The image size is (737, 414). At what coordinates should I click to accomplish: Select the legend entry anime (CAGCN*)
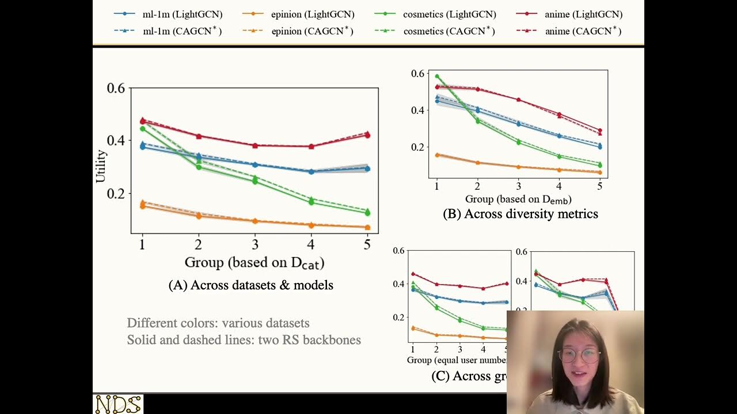[x=576, y=32]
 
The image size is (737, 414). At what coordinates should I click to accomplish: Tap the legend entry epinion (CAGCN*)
[x=305, y=32]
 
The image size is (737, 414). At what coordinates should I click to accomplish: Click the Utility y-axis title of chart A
[x=101, y=166]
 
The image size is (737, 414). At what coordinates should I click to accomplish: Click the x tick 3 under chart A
[x=255, y=244]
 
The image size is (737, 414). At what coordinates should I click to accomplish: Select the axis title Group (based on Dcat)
[x=254, y=263]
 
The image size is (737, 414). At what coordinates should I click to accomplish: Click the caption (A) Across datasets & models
[x=250, y=285]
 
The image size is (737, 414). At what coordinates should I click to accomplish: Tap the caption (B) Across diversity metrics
[x=520, y=214]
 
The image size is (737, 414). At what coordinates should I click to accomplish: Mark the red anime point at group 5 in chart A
[x=367, y=135]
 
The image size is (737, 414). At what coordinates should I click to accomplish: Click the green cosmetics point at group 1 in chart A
[x=142, y=129]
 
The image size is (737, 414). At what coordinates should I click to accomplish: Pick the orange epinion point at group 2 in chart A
[x=199, y=216]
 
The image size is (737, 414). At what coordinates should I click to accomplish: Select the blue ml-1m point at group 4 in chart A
[x=311, y=171]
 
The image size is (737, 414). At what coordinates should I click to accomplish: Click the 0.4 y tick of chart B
[x=419, y=110]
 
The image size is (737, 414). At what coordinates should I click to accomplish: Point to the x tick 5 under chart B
[x=599, y=186]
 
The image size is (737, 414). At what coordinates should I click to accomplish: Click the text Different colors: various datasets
[x=218, y=323]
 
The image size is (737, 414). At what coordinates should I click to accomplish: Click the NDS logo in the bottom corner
[x=118, y=404]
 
